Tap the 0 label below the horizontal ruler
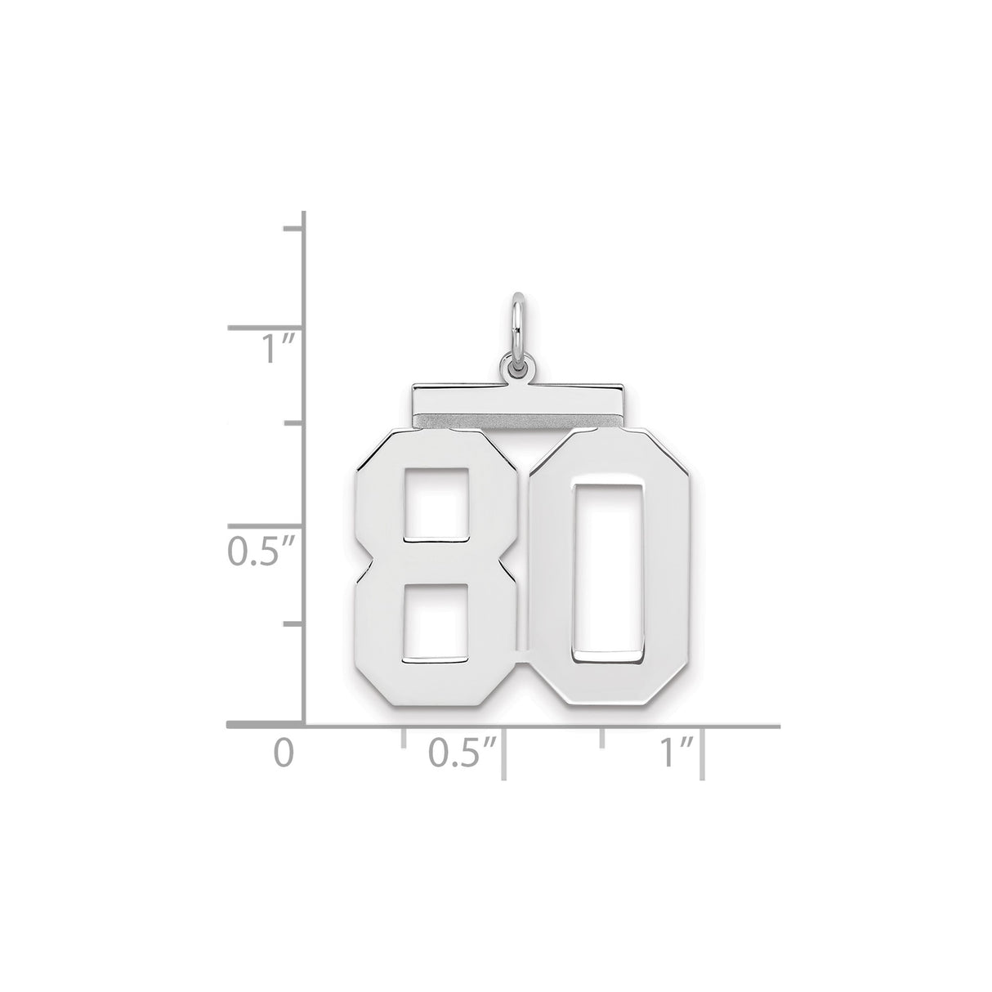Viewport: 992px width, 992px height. [283, 753]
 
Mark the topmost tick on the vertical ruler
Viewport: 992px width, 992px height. [293, 228]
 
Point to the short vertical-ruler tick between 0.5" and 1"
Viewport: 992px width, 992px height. [293, 424]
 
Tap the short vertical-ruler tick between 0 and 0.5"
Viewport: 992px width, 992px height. [293, 625]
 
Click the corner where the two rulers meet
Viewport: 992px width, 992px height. [304, 725]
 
